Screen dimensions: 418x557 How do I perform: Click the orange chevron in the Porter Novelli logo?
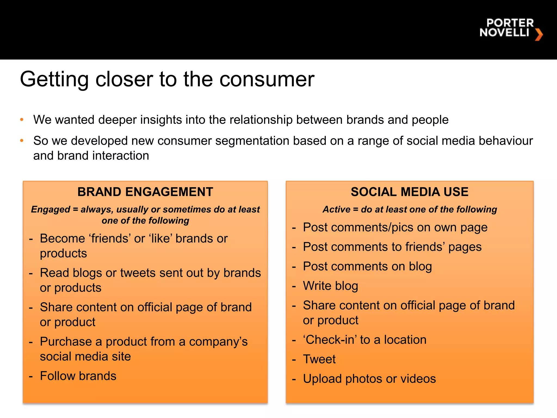(539, 35)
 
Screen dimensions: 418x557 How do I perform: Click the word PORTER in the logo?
(510, 23)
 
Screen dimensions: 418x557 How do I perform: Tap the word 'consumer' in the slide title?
(267, 79)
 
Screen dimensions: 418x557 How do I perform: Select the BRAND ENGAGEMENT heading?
(145, 192)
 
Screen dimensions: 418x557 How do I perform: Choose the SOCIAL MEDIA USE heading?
(409, 192)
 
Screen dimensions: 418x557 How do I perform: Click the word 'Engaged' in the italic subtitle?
(51, 209)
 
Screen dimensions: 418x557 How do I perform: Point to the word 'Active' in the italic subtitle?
(336, 209)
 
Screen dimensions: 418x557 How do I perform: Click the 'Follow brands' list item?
(78, 376)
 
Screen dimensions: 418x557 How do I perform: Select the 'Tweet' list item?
(319, 359)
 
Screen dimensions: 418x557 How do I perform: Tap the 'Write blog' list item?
(330, 286)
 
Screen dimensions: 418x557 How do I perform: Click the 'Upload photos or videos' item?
(369, 379)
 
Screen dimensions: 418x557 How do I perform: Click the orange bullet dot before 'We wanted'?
(22, 120)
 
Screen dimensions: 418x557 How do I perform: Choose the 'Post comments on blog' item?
(367, 266)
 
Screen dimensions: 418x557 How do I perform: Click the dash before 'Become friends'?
(31, 239)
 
